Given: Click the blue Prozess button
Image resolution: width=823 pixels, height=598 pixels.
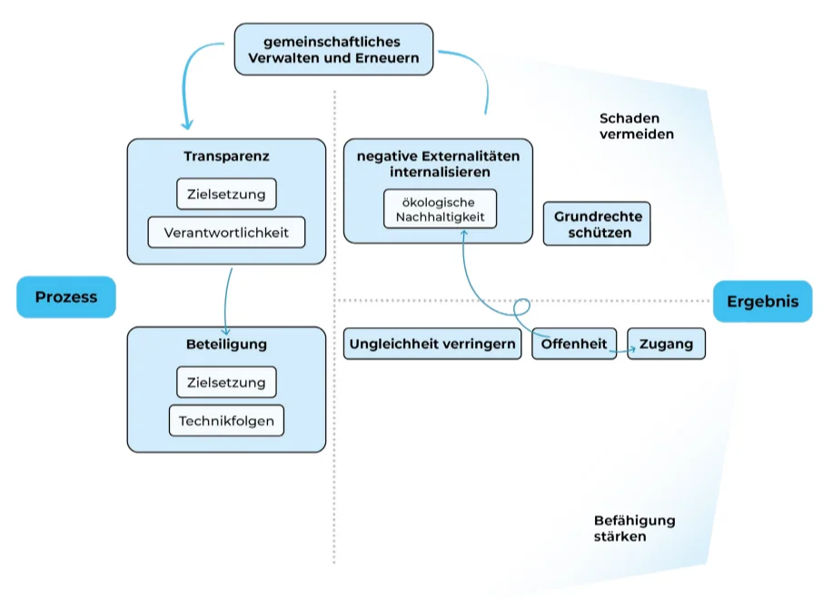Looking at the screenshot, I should pos(65,297).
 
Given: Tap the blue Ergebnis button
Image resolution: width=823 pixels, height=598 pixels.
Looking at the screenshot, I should pos(762,301).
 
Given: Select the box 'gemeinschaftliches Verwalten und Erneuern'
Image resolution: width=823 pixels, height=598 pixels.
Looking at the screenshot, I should pos(333,50).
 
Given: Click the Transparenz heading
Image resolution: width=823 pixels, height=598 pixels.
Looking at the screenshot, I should pos(226,156).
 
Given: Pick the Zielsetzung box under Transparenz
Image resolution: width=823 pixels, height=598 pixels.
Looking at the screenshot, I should pos(226,194).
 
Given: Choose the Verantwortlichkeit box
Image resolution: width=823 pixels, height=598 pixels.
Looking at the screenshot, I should pos(226,233).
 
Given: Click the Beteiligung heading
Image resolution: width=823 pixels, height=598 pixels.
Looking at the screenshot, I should pos(226,344).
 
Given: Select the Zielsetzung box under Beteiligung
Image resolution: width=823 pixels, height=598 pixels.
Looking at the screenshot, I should pos(226,383).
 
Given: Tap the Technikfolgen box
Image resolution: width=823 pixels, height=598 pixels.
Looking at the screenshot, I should pos(226,421).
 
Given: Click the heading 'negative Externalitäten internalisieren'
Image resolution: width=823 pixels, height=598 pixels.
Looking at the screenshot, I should pos(438,164).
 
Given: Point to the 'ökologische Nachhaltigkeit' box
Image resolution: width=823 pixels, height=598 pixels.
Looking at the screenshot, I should pos(440,209).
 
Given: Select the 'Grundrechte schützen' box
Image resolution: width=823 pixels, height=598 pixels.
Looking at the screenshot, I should pos(597,224).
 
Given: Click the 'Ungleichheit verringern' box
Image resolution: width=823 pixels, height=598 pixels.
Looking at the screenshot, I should pos(433,344).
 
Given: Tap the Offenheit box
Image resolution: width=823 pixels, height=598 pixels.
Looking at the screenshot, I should pos(574,344).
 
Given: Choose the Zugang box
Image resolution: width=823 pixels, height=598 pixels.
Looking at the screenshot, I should pos(666,344).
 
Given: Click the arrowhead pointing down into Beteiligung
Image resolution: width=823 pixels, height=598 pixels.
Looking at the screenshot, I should pos(225,331).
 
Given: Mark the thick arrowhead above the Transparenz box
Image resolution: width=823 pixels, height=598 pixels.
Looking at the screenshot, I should pos(188,125).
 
